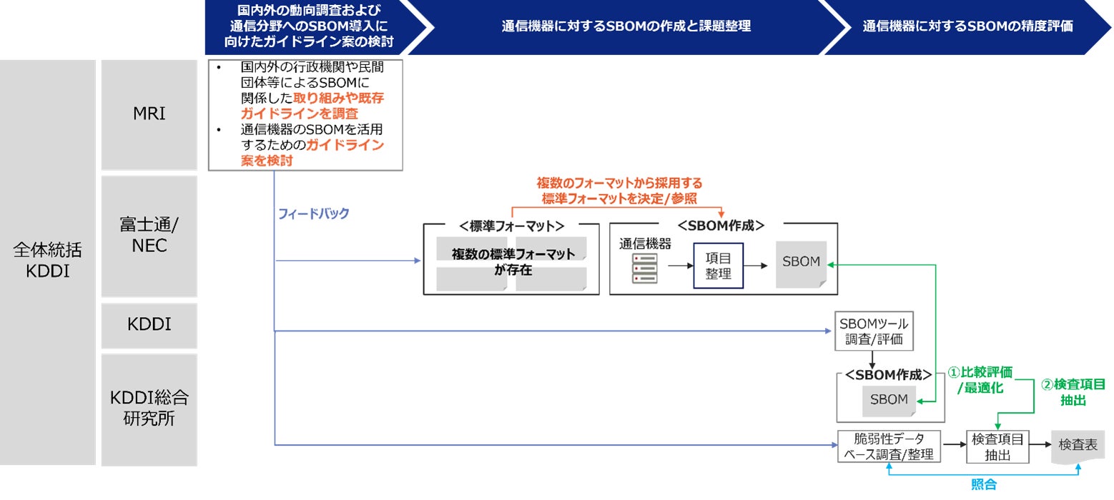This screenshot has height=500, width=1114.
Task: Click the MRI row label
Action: tap(149, 114)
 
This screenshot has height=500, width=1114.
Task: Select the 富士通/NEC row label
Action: tap(149, 236)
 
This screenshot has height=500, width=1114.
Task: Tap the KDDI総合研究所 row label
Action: tap(149, 407)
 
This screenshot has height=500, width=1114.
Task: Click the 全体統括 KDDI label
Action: tap(47, 261)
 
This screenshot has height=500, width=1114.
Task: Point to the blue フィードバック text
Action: tap(313, 214)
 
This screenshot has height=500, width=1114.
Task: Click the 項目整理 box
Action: tap(718, 266)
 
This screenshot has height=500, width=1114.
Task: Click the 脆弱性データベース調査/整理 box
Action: tap(889, 446)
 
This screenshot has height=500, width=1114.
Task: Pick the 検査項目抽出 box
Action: tap(997, 446)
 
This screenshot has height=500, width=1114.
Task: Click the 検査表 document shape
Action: tap(1078, 444)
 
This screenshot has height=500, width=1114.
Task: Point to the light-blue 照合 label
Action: tap(983, 485)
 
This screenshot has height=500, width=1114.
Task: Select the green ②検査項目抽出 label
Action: tap(1073, 392)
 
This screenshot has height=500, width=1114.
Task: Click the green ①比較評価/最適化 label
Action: tap(980, 380)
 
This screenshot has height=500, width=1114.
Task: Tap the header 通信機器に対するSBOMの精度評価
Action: tap(967, 26)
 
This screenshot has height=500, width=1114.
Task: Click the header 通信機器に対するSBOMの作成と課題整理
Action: tap(626, 26)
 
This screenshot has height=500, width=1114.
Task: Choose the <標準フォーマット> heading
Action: tap(511, 226)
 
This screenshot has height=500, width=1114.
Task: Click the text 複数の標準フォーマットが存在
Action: tap(512, 262)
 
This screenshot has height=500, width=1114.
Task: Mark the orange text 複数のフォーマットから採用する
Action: tap(619, 183)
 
